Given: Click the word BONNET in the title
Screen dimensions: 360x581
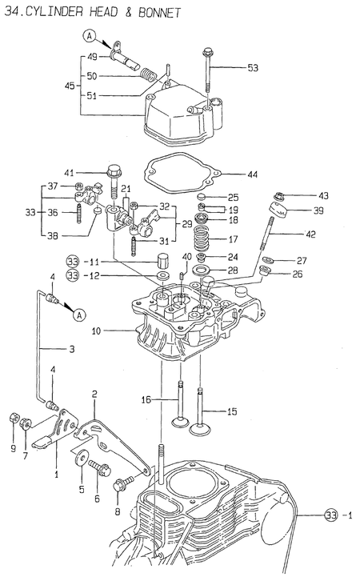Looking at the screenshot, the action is click(160, 12).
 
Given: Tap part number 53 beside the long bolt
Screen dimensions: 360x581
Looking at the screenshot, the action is click(253, 68).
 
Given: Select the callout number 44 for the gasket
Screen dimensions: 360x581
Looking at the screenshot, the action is click(252, 174).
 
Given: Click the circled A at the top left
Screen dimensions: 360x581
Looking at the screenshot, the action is click(90, 36).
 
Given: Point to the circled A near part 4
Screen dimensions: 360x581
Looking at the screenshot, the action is click(79, 315).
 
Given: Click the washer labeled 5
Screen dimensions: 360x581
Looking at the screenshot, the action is click(80, 457).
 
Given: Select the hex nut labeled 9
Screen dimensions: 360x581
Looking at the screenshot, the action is click(14, 418).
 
